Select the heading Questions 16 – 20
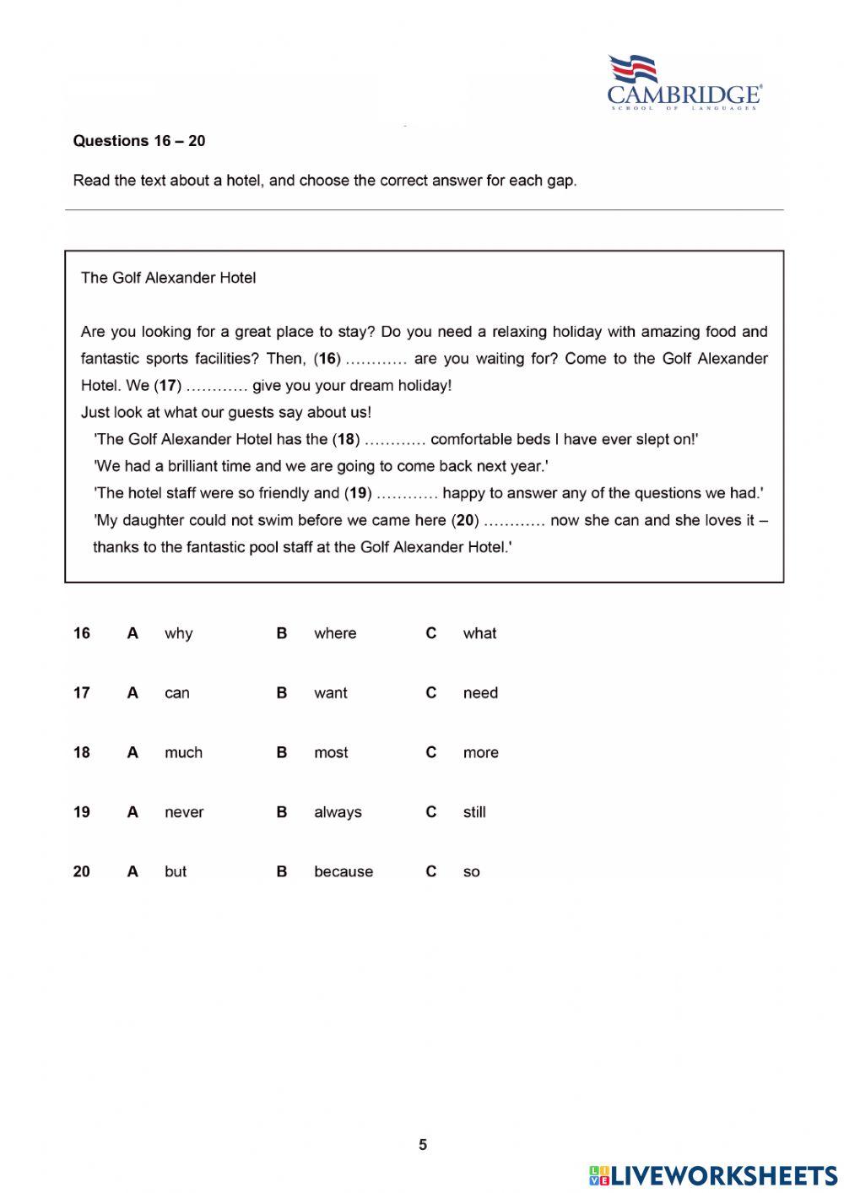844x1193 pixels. (x=139, y=141)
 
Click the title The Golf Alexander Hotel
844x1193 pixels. (x=168, y=278)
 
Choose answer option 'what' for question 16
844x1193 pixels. (x=479, y=633)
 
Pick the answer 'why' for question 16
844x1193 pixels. (x=178, y=633)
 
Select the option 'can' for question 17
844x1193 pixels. (x=176, y=693)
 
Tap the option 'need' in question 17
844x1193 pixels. (x=480, y=693)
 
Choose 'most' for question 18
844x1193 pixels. (x=331, y=752)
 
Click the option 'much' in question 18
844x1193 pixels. (x=183, y=752)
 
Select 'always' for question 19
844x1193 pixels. (x=338, y=812)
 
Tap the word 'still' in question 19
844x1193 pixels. (x=474, y=812)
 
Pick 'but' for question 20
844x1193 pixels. (x=176, y=871)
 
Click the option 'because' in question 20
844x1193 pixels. (x=343, y=871)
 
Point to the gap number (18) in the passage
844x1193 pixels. (x=346, y=439)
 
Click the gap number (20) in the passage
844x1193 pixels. (x=465, y=520)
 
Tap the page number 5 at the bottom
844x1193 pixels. (x=423, y=1145)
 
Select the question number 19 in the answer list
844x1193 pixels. (x=81, y=812)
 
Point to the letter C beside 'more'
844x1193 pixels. (x=430, y=752)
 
